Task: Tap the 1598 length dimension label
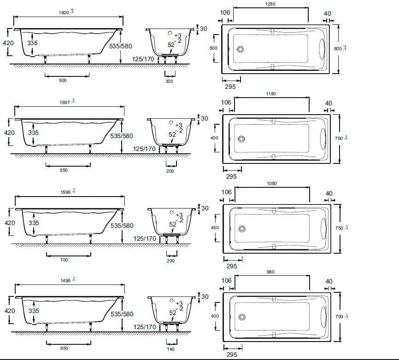tap(65, 192)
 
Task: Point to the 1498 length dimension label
tap(65, 280)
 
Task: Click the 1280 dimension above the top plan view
tap(270, 4)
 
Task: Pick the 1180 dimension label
tap(271, 94)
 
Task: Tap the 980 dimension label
tap(270, 272)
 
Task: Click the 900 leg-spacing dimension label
tap(63, 81)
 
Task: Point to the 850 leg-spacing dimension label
tap(64, 170)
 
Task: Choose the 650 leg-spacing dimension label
tap(64, 348)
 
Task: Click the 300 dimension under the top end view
tap(169, 81)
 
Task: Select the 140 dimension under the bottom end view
tap(171, 348)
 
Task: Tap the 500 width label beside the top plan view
tap(213, 48)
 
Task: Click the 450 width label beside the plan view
tap(214, 227)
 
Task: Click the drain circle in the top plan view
tap(240, 50)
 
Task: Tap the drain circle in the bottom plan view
tap(241, 317)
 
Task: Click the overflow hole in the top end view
tap(170, 34)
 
